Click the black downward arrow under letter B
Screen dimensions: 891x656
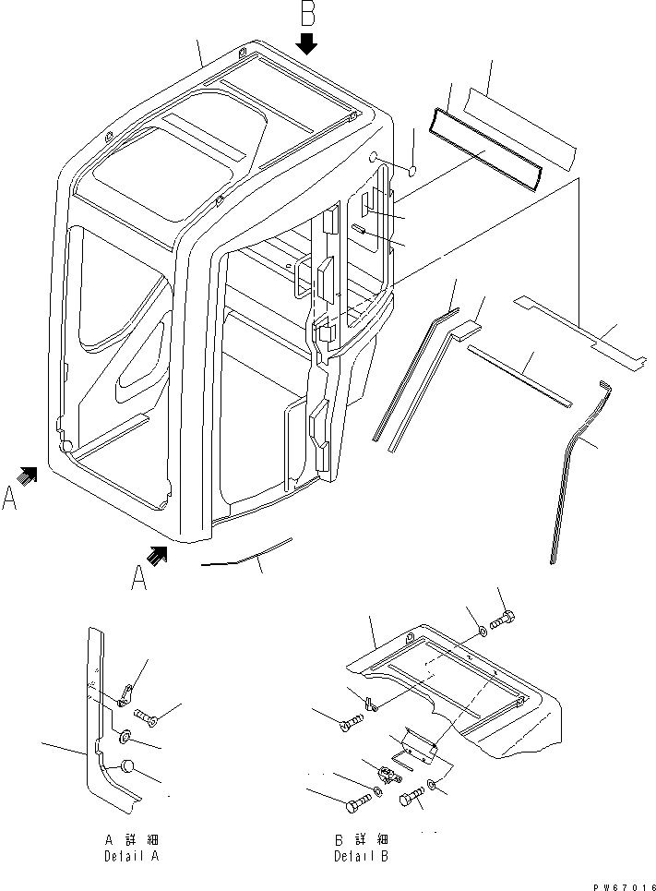(x=307, y=43)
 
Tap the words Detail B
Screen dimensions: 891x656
(x=361, y=856)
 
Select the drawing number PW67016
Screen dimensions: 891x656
(x=617, y=884)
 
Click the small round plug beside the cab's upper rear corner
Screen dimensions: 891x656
(x=413, y=169)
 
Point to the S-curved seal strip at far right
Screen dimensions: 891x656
(x=569, y=462)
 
